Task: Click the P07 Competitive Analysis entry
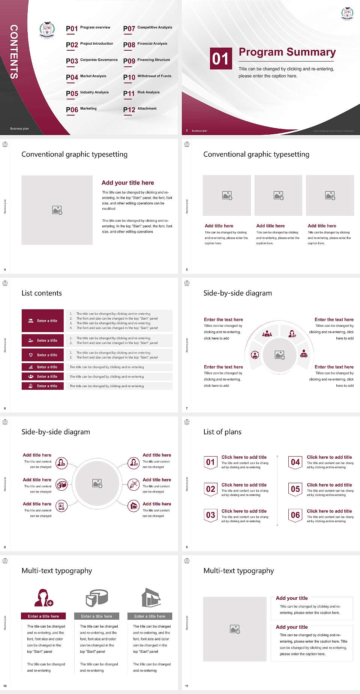[x=148, y=29]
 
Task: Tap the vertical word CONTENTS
[x=14, y=52]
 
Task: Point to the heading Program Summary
[x=287, y=52]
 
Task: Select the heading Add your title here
[x=127, y=183]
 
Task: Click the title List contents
[x=42, y=293]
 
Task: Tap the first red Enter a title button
[x=43, y=321]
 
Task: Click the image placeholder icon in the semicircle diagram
[x=279, y=355]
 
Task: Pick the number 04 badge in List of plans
[x=295, y=462]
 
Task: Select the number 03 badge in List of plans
[x=211, y=515]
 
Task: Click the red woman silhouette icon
[x=43, y=598]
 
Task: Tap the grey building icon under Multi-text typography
[x=151, y=598]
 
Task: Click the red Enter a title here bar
[x=43, y=616]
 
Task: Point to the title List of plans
[x=222, y=432]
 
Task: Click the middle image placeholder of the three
[x=278, y=195]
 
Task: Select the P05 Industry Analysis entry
[x=87, y=93]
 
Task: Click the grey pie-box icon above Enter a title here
[x=97, y=598]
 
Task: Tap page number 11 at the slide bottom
[x=187, y=686]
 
